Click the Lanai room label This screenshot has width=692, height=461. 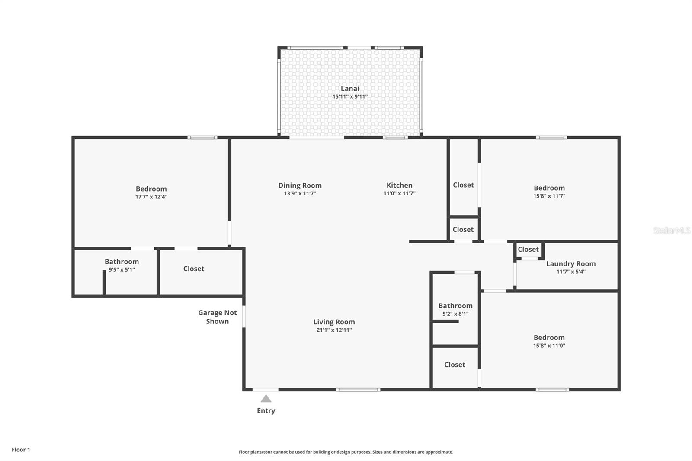click(x=350, y=88)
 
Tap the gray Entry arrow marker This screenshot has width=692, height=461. click(x=266, y=399)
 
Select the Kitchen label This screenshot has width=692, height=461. click(x=399, y=185)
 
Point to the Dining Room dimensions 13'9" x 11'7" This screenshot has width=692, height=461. click(x=300, y=193)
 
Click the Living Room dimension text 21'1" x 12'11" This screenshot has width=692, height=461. click(x=334, y=330)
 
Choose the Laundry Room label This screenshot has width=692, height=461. click(x=570, y=263)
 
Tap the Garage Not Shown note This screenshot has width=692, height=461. click(x=218, y=317)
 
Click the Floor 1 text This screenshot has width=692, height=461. click(x=21, y=450)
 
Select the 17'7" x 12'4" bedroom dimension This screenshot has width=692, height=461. click(x=151, y=197)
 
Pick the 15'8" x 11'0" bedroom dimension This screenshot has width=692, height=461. click(x=549, y=346)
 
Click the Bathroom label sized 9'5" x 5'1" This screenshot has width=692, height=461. click(x=122, y=261)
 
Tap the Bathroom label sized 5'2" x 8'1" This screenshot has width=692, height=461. click(x=455, y=306)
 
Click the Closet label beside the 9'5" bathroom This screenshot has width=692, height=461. click(x=194, y=269)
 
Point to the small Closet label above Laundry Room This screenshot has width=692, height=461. click(x=528, y=249)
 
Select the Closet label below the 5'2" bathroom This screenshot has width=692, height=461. click(x=455, y=365)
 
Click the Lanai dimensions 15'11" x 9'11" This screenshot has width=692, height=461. click(x=350, y=96)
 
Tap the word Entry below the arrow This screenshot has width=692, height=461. click(x=266, y=411)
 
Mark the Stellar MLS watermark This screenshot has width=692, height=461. click(x=671, y=230)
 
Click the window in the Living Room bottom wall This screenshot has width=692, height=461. click(x=358, y=390)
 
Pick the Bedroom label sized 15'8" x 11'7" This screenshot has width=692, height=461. click(x=549, y=188)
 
